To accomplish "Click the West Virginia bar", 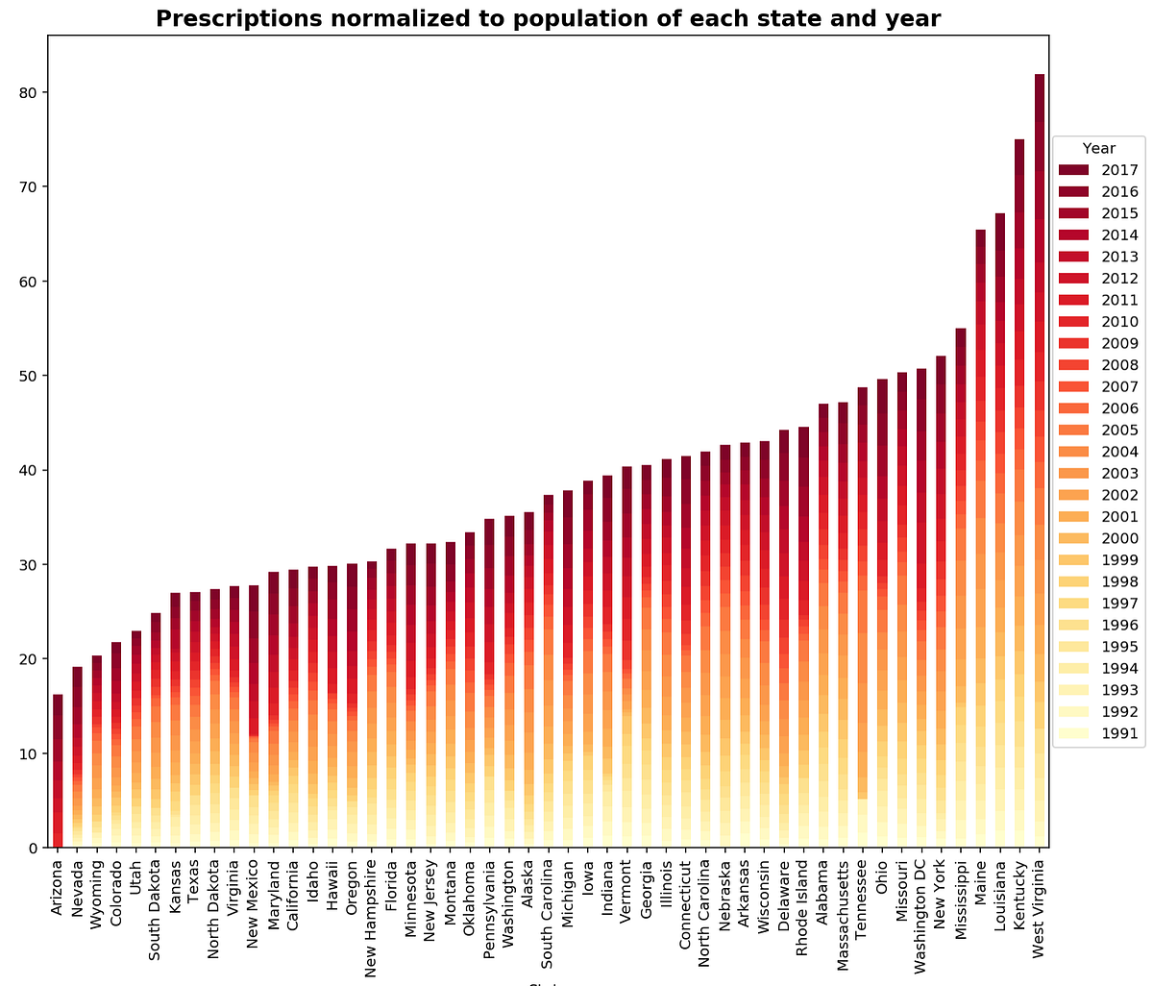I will [1039, 461].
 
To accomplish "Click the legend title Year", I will [1099, 148].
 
